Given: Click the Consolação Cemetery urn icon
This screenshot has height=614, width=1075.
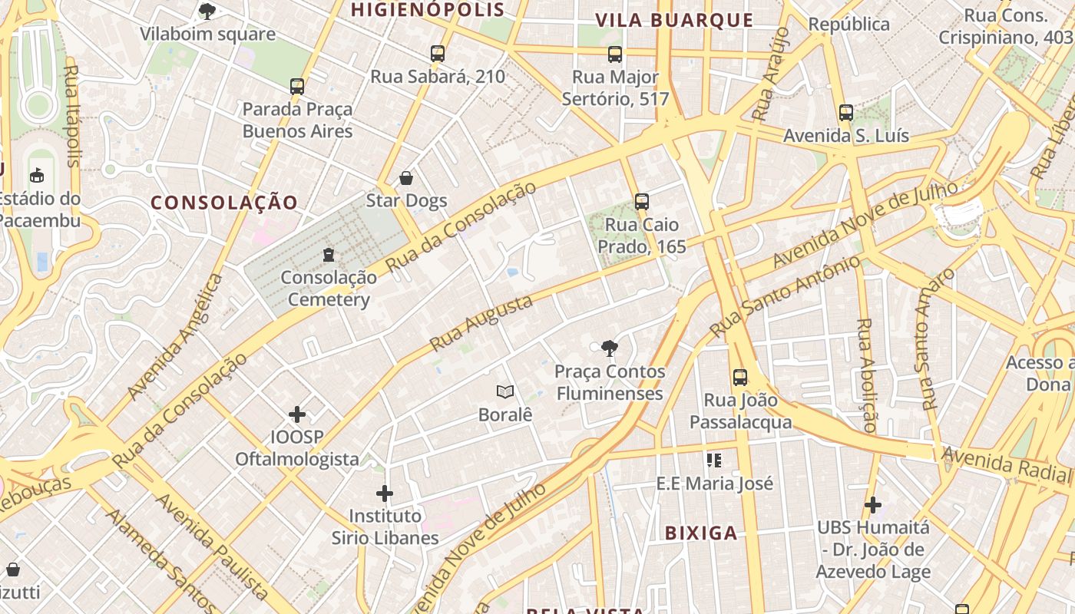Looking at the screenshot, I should [x=329, y=254].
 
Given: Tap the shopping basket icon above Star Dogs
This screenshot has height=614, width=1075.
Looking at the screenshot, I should [x=406, y=178].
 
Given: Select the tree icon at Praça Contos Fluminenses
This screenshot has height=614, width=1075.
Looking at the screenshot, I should [x=610, y=348].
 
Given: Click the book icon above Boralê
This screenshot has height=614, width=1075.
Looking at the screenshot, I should [x=504, y=391].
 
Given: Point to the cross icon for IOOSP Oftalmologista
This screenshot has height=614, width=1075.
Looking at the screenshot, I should [x=297, y=414].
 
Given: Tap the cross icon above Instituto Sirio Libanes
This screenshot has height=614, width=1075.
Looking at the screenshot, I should [x=385, y=493].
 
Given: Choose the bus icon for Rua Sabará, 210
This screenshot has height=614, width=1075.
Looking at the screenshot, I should [x=438, y=53].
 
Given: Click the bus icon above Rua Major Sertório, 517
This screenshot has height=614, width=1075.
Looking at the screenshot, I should [x=615, y=54].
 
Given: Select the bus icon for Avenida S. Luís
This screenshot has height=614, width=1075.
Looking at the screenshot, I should [x=846, y=113].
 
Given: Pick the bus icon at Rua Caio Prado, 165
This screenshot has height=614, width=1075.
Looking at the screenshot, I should [x=642, y=202].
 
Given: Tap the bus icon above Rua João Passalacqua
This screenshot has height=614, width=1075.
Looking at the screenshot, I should [x=740, y=377].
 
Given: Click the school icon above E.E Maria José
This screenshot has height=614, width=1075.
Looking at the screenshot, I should [x=714, y=460].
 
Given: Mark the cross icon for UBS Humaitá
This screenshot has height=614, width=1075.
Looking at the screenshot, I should [x=872, y=504].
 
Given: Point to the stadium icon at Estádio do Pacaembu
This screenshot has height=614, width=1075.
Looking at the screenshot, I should [x=36, y=176].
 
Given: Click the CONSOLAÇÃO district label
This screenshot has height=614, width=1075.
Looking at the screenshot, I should [x=224, y=203].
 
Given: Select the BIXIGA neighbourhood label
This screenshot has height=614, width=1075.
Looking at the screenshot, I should [x=700, y=533].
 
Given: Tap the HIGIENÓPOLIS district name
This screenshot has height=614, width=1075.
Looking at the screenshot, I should [x=428, y=10].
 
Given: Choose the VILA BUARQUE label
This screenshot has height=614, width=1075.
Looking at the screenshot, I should [x=674, y=20].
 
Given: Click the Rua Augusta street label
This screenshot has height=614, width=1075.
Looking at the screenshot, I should [x=481, y=323].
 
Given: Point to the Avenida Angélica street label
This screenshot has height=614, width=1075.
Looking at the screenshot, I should [x=175, y=336].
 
